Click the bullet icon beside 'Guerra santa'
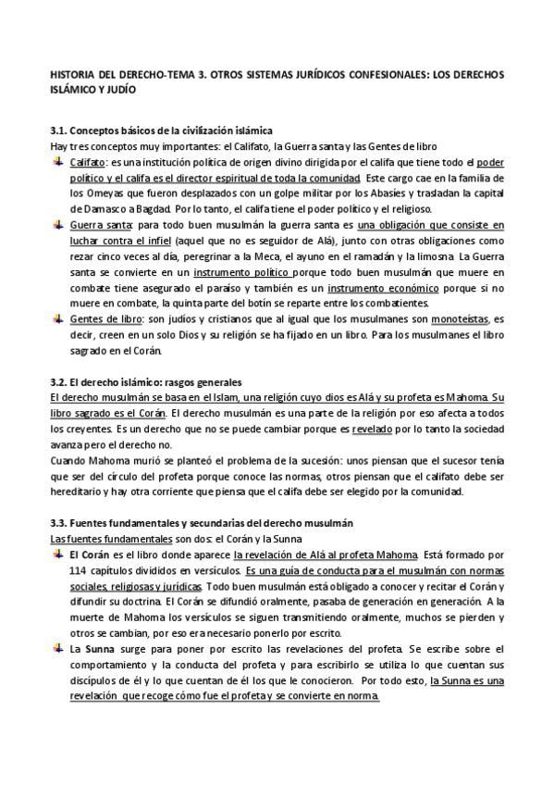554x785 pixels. (59, 225)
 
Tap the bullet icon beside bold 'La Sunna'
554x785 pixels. (59, 649)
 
